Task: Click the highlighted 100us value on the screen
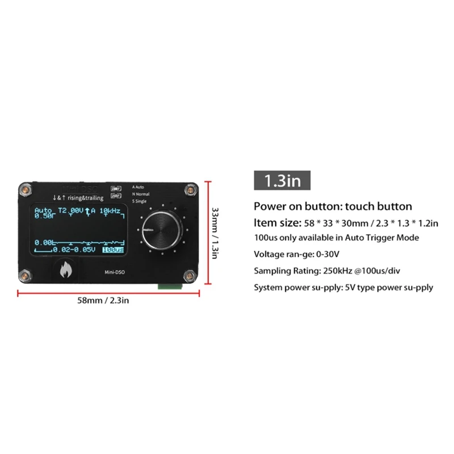pyautogui.click(x=113, y=249)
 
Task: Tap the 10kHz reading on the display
pyautogui.click(x=111, y=211)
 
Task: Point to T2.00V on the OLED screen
pyautogui.click(x=70, y=211)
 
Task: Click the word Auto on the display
pyautogui.click(x=43, y=211)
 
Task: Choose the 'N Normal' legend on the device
pyautogui.click(x=141, y=194)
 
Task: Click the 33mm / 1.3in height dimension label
pyautogui.click(x=215, y=232)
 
